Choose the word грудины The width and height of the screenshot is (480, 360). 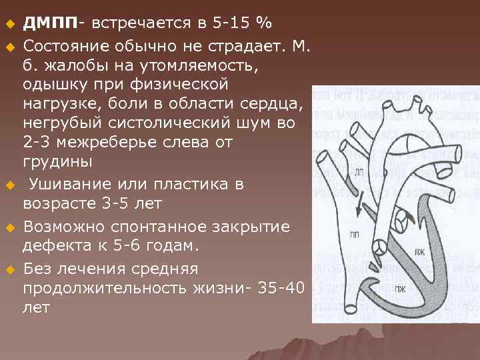click(x=57, y=163)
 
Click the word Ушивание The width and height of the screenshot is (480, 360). click(x=73, y=183)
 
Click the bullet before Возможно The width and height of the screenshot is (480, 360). click(x=10, y=227)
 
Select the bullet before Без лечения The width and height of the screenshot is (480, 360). click(x=10, y=269)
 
